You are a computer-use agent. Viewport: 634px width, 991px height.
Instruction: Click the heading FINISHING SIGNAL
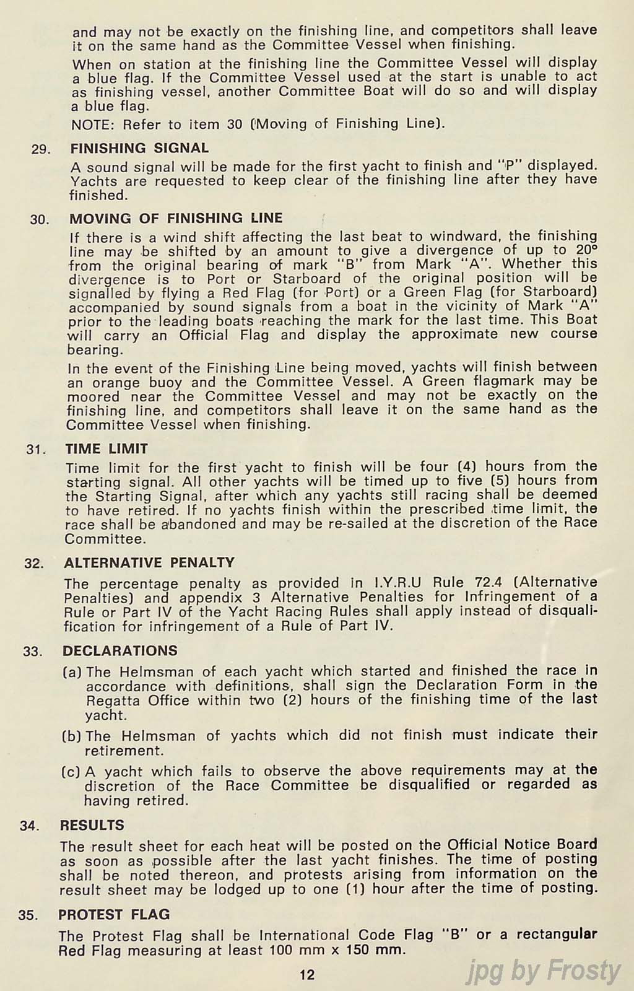(x=139, y=148)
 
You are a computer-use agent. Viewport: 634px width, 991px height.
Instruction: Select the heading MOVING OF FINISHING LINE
(x=176, y=218)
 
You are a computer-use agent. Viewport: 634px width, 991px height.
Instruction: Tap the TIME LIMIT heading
(x=106, y=448)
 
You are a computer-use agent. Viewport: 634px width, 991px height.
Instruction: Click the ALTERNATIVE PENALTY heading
(x=149, y=562)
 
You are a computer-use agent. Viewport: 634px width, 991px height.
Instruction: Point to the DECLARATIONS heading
(x=119, y=650)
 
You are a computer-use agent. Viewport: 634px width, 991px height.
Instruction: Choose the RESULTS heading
(x=92, y=825)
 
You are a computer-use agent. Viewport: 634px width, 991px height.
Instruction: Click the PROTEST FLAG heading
(x=114, y=914)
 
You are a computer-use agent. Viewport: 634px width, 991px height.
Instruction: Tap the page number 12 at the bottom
(x=307, y=975)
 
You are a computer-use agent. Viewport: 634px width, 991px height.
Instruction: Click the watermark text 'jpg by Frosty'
(x=543, y=971)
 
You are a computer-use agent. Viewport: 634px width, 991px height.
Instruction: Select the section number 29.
(x=41, y=149)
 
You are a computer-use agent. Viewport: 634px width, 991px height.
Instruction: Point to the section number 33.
(x=33, y=652)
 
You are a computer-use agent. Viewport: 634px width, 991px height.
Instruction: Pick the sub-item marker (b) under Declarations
(x=72, y=736)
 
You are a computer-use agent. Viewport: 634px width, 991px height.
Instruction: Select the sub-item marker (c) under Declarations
(x=71, y=772)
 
